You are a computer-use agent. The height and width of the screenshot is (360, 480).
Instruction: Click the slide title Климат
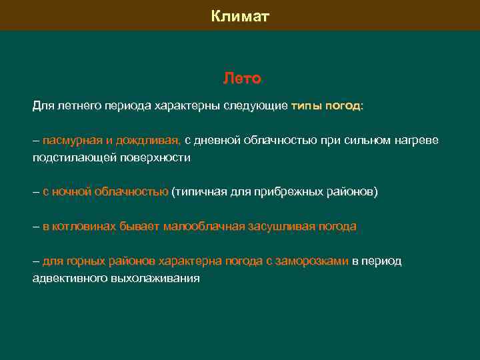240,16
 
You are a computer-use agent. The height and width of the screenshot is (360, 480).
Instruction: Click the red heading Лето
241,79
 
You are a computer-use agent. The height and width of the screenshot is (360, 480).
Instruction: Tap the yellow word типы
306,105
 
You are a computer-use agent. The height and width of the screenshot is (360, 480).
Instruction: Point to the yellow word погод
343,105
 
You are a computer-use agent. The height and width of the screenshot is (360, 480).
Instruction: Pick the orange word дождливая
148,140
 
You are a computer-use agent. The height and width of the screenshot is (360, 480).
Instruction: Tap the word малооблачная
203,227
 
